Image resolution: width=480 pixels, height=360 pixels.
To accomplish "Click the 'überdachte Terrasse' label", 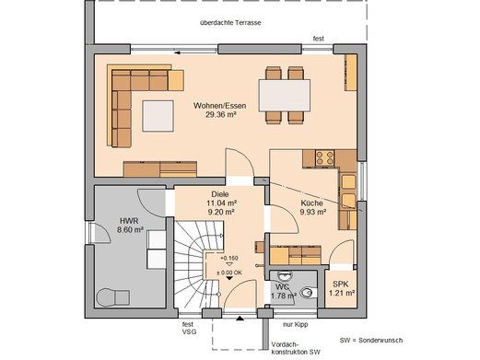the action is point(230,23).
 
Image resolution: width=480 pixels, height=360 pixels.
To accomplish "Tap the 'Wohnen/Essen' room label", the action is point(219,106).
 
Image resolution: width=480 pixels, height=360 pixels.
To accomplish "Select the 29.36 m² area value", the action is point(220,115).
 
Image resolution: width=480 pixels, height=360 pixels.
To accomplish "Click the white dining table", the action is point(285,96).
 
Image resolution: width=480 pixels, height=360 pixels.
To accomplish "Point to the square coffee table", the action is point(158,116).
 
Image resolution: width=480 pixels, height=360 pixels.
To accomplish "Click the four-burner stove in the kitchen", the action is point(325,157).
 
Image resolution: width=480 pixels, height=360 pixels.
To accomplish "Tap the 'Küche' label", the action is point(311,203).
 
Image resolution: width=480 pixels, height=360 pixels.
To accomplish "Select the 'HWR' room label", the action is point(129,221).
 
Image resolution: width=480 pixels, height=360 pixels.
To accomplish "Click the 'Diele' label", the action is point(220,194).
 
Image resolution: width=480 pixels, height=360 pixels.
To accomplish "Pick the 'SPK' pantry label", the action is point(341,285).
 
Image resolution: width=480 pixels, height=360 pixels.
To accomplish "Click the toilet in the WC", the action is point(308,293).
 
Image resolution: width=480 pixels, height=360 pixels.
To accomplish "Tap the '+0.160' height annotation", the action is point(229,258).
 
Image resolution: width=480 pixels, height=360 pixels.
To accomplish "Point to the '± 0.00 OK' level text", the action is point(229,273).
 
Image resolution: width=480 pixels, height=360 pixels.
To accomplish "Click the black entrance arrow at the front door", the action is point(240,319).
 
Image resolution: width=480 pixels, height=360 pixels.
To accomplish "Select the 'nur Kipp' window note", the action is point(295,324).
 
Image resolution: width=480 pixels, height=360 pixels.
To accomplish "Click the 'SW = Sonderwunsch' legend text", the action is point(371,341).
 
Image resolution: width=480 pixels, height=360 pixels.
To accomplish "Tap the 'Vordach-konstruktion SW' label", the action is point(296,348).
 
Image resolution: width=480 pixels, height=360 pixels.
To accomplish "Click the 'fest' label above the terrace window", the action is point(318,39).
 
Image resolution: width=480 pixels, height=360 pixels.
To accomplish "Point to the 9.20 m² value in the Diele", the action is point(221,212).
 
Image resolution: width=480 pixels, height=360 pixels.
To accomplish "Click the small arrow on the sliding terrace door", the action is point(177,52).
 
